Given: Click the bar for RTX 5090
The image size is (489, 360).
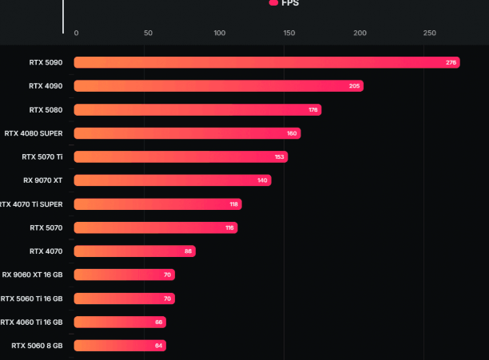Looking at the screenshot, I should pos(264,62).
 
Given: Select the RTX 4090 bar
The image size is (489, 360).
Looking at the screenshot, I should pos(216,86).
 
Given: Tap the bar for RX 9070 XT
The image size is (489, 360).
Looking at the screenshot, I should pos(172,180).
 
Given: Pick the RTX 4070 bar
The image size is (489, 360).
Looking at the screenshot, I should pos(134,251).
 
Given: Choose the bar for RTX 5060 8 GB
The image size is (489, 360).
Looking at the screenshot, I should pos(120,346).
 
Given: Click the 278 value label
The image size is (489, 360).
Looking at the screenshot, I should pos(451,62).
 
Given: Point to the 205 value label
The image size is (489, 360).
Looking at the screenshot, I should pos(355,86).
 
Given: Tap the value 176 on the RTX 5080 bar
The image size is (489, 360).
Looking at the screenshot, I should pos(313,109).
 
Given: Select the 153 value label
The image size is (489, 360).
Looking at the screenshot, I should pos(280,157).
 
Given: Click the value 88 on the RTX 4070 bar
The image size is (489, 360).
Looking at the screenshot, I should pos(189,251).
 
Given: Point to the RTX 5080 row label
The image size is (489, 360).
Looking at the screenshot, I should pos(46,109).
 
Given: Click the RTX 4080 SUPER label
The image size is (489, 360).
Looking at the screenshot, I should pos(34,133).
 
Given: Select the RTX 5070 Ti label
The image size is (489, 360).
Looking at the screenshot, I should pos(42,156).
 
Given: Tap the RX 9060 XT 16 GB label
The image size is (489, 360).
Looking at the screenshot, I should pos(33,275).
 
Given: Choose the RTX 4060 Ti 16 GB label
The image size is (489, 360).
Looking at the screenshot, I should pos(31,322).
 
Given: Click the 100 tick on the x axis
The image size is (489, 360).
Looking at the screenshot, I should pos(219,33).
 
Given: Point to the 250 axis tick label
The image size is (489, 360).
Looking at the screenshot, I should pos(430,33).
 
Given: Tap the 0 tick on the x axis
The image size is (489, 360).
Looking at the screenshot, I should pos(76,33).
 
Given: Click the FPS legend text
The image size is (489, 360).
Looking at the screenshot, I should pos(290,3).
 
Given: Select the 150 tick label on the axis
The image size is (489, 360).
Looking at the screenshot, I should pos(289,33).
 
